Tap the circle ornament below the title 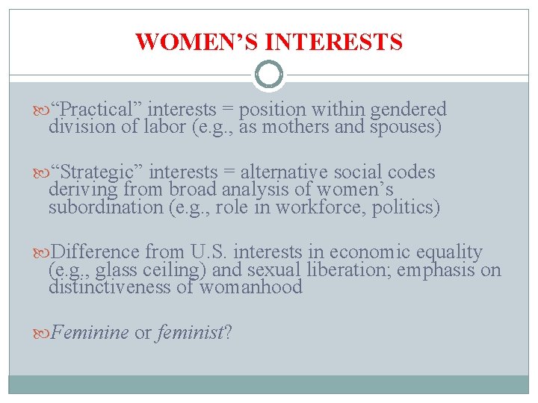[x=269, y=75]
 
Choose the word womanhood [x=250, y=287]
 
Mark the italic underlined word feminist [x=190, y=333]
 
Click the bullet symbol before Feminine [x=44, y=333]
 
